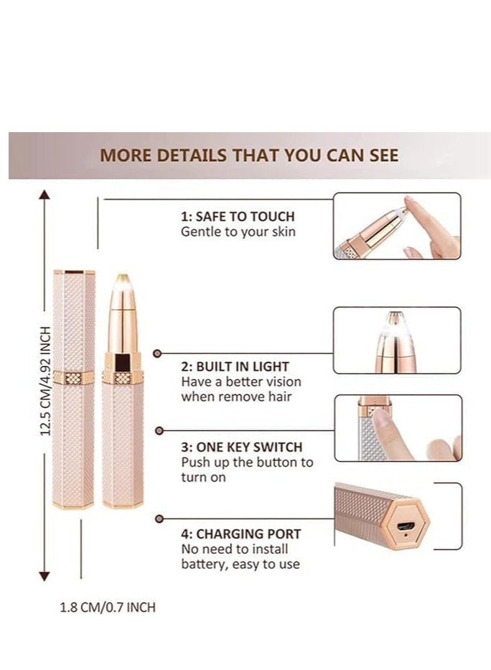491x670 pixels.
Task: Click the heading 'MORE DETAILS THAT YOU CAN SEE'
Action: click(249, 156)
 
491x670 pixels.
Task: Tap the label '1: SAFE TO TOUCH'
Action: click(238, 216)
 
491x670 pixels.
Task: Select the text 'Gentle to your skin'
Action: click(238, 232)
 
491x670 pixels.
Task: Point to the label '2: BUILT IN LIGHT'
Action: click(235, 367)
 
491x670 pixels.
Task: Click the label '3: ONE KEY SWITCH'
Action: click(242, 447)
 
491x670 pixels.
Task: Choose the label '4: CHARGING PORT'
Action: click(240, 534)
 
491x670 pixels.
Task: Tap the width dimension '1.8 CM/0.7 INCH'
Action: click(108, 608)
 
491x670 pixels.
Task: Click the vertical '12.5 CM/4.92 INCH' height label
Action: click(46, 381)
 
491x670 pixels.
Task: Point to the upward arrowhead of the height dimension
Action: click(45, 195)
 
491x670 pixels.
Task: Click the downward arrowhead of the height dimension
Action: click(45, 577)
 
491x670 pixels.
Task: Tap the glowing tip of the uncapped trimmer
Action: click(122, 280)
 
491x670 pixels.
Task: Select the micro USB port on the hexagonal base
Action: click(403, 526)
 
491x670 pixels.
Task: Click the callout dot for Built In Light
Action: click(158, 353)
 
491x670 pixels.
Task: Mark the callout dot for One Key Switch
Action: click(159, 430)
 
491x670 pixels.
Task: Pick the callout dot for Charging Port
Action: click(159, 518)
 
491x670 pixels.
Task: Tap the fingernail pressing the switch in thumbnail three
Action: click(381, 419)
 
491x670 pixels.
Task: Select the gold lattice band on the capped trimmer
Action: click(73, 378)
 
